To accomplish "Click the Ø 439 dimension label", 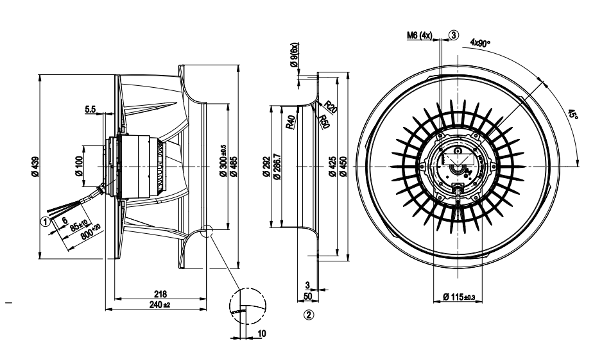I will click(34, 168).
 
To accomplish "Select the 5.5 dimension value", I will click(90, 110).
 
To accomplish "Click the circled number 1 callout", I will click(45, 221).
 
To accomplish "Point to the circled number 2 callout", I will click(309, 315).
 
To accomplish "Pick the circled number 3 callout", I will click(454, 35).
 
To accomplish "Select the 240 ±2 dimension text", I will click(157, 304).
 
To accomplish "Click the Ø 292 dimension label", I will click(266, 168).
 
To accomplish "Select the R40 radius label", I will click(291, 122).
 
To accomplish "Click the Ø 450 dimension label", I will click(343, 168).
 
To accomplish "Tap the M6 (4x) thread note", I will click(420, 36).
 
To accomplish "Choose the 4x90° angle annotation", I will click(479, 43).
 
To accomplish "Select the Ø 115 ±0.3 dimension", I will click(458, 297).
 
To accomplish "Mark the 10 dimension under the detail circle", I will click(261, 333).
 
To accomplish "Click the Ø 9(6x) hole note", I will click(294, 54).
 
